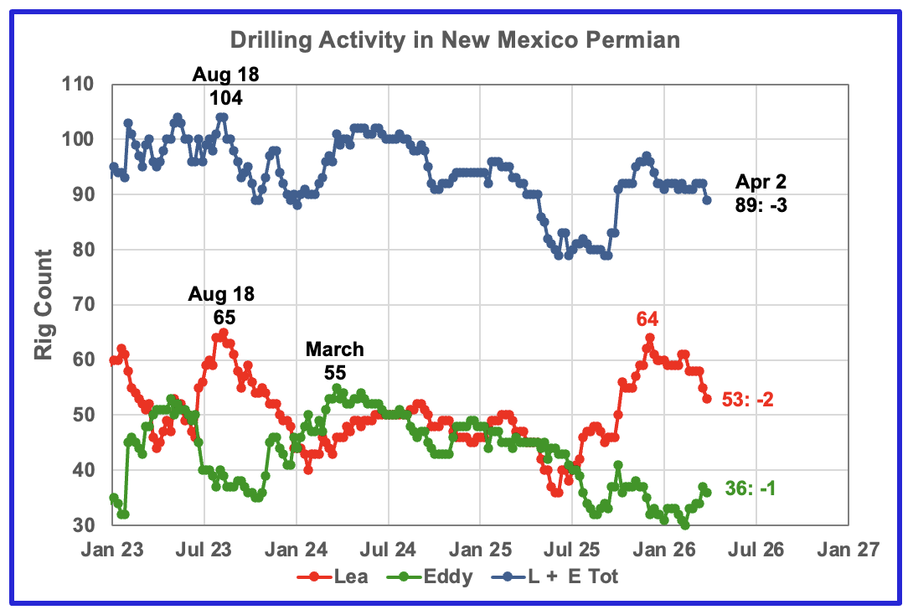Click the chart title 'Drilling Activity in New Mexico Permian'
tap(456, 39)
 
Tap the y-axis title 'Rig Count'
tap(44, 304)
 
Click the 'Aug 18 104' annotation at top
tap(225, 86)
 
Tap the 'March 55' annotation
tap(335, 360)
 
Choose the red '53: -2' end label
tap(747, 400)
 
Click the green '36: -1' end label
tap(749, 488)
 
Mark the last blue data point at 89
tap(707, 200)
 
